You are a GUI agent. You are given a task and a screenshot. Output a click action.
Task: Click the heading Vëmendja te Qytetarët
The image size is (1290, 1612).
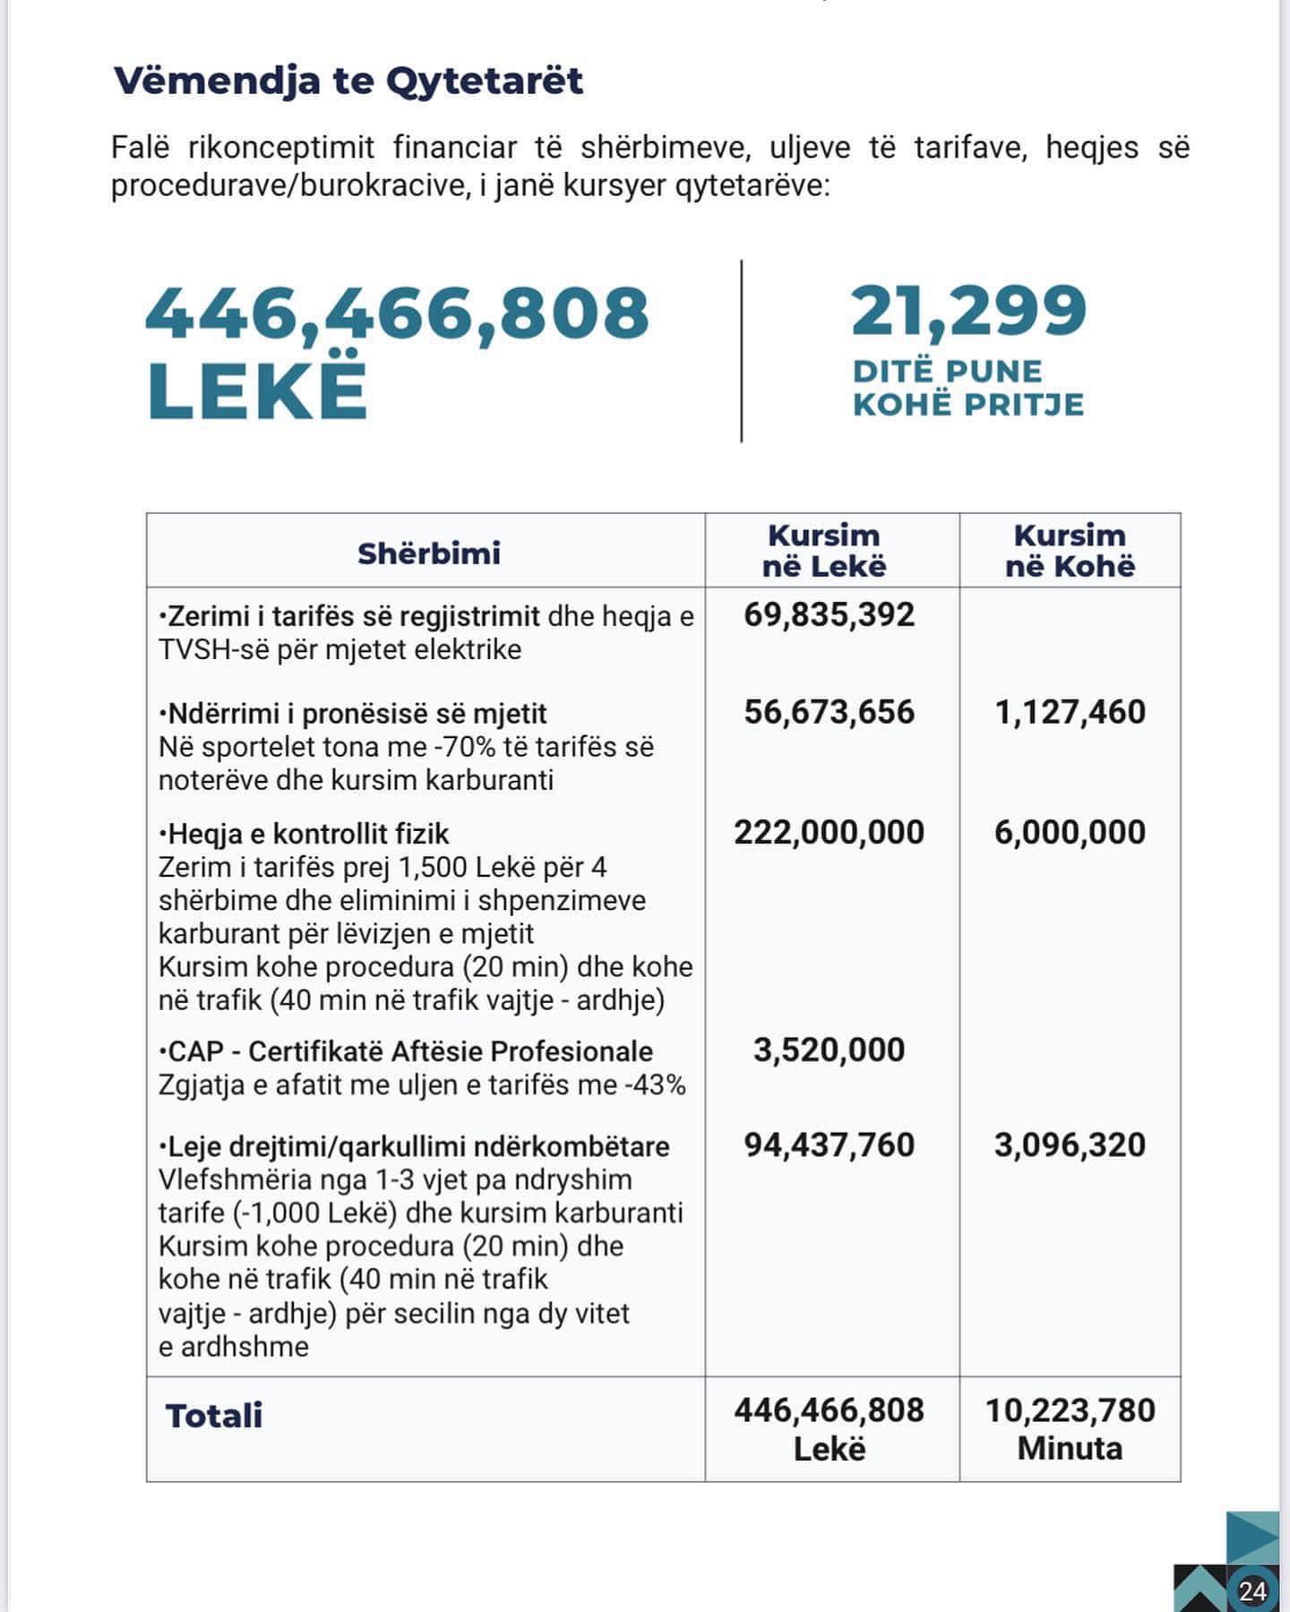pyautogui.click(x=348, y=81)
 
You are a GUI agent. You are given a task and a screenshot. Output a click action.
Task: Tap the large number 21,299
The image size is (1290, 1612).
pyautogui.click(x=968, y=311)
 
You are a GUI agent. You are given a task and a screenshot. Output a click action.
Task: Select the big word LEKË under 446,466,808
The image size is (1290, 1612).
pyautogui.click(x=257, y=390)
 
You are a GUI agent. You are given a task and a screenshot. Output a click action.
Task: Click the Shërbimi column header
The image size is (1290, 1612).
pyautogui.click(x=428, y=553)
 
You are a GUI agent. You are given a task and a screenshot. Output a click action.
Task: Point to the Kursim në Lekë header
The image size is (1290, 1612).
pyautogui.click(x=824, y=551)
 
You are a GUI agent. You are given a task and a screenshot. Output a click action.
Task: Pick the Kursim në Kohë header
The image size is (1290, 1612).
pyautogui.click(x=1070, y=551)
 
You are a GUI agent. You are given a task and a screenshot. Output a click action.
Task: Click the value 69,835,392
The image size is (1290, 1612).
pyautogui.click(x=829, y=615)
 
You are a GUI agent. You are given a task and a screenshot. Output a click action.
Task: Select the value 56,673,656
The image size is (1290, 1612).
pyautogui.click(x=829, y=712)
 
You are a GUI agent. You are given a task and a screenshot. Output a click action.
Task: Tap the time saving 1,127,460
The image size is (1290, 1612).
pyautogui.click(x=1070, y=712)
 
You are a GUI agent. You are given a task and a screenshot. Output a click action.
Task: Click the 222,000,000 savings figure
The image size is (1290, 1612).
pyautogui.click(x=829, y=832)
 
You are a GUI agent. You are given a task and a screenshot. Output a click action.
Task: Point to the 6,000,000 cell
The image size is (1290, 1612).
pyautogui.click(x=1070, y=832)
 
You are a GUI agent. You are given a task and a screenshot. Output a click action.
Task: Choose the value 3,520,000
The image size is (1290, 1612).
pyautogui.click(x=829, y=1050)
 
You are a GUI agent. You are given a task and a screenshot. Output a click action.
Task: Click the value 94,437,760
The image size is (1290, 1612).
pyautogui.click(x=829, y=1145)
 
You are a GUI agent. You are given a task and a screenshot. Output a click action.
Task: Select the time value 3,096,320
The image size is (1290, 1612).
pyautogui.click(x=1070, y=1145)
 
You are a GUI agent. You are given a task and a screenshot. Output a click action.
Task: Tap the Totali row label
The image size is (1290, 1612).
pyautogui.click(x=214, y=1416)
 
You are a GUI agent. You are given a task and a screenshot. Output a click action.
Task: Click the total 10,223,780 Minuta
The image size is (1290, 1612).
pyautogui.click(x=1070, y=1428)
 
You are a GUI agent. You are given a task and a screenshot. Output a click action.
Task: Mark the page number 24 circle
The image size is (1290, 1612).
pyautogui.click(x=1252, y=1591)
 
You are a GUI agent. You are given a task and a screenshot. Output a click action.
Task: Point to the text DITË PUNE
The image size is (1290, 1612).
pyautogui.click(x=947, y=372)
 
